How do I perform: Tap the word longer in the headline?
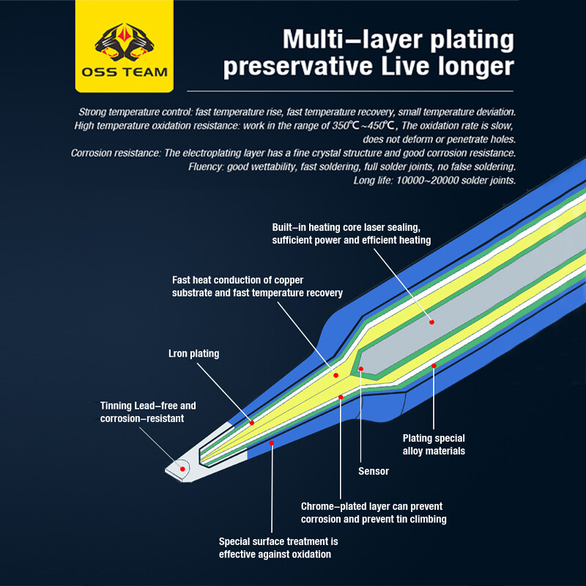470,67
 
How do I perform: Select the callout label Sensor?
374,470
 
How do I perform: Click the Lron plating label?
194,354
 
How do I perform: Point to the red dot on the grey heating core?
432,322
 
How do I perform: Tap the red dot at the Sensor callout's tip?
361,368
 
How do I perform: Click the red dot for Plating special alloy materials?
434,365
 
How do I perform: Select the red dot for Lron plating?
251,423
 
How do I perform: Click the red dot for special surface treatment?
272,442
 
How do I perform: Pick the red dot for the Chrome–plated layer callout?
341,397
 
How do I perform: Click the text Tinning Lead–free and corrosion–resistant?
148,412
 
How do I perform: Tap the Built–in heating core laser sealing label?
351,234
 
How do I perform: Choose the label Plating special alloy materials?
434,445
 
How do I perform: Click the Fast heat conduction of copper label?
257,286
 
